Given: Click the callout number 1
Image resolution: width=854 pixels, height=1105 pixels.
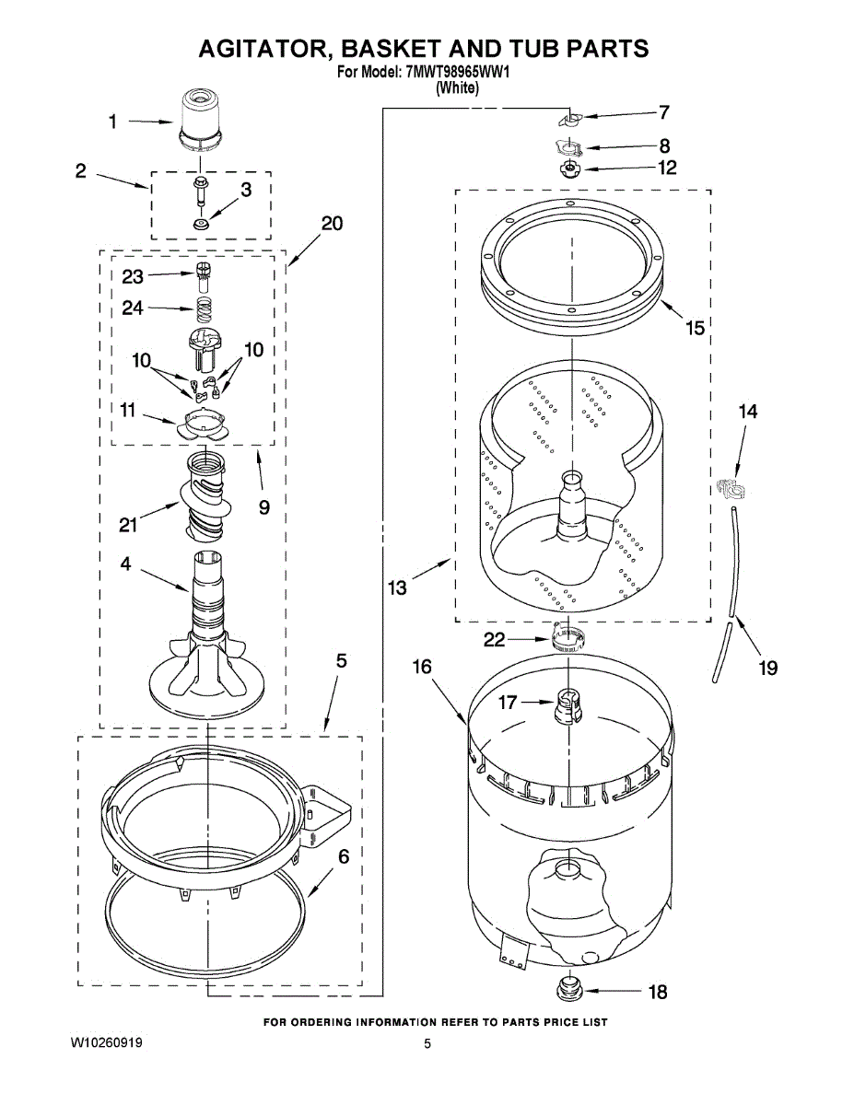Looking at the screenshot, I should (112, 121).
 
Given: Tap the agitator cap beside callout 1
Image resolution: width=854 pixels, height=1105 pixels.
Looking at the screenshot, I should (200, 120).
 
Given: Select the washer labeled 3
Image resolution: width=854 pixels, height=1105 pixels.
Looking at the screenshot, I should (200, 224).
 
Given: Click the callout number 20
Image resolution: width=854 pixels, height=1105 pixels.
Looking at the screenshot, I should (332, 224).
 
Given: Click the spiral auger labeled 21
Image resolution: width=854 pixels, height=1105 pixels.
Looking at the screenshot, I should (203, 497).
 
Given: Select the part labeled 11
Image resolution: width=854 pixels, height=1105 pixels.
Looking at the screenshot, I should (203, 425).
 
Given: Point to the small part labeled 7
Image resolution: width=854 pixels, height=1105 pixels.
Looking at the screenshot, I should (570, 119).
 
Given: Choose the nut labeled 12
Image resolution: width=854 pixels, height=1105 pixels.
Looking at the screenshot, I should (570, 169).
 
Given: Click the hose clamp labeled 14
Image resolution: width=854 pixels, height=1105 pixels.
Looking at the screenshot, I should (731, 487).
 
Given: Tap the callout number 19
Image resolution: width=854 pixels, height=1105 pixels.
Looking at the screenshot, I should (767, 668).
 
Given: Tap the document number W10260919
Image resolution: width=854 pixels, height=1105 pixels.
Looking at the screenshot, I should (106, 1043).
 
